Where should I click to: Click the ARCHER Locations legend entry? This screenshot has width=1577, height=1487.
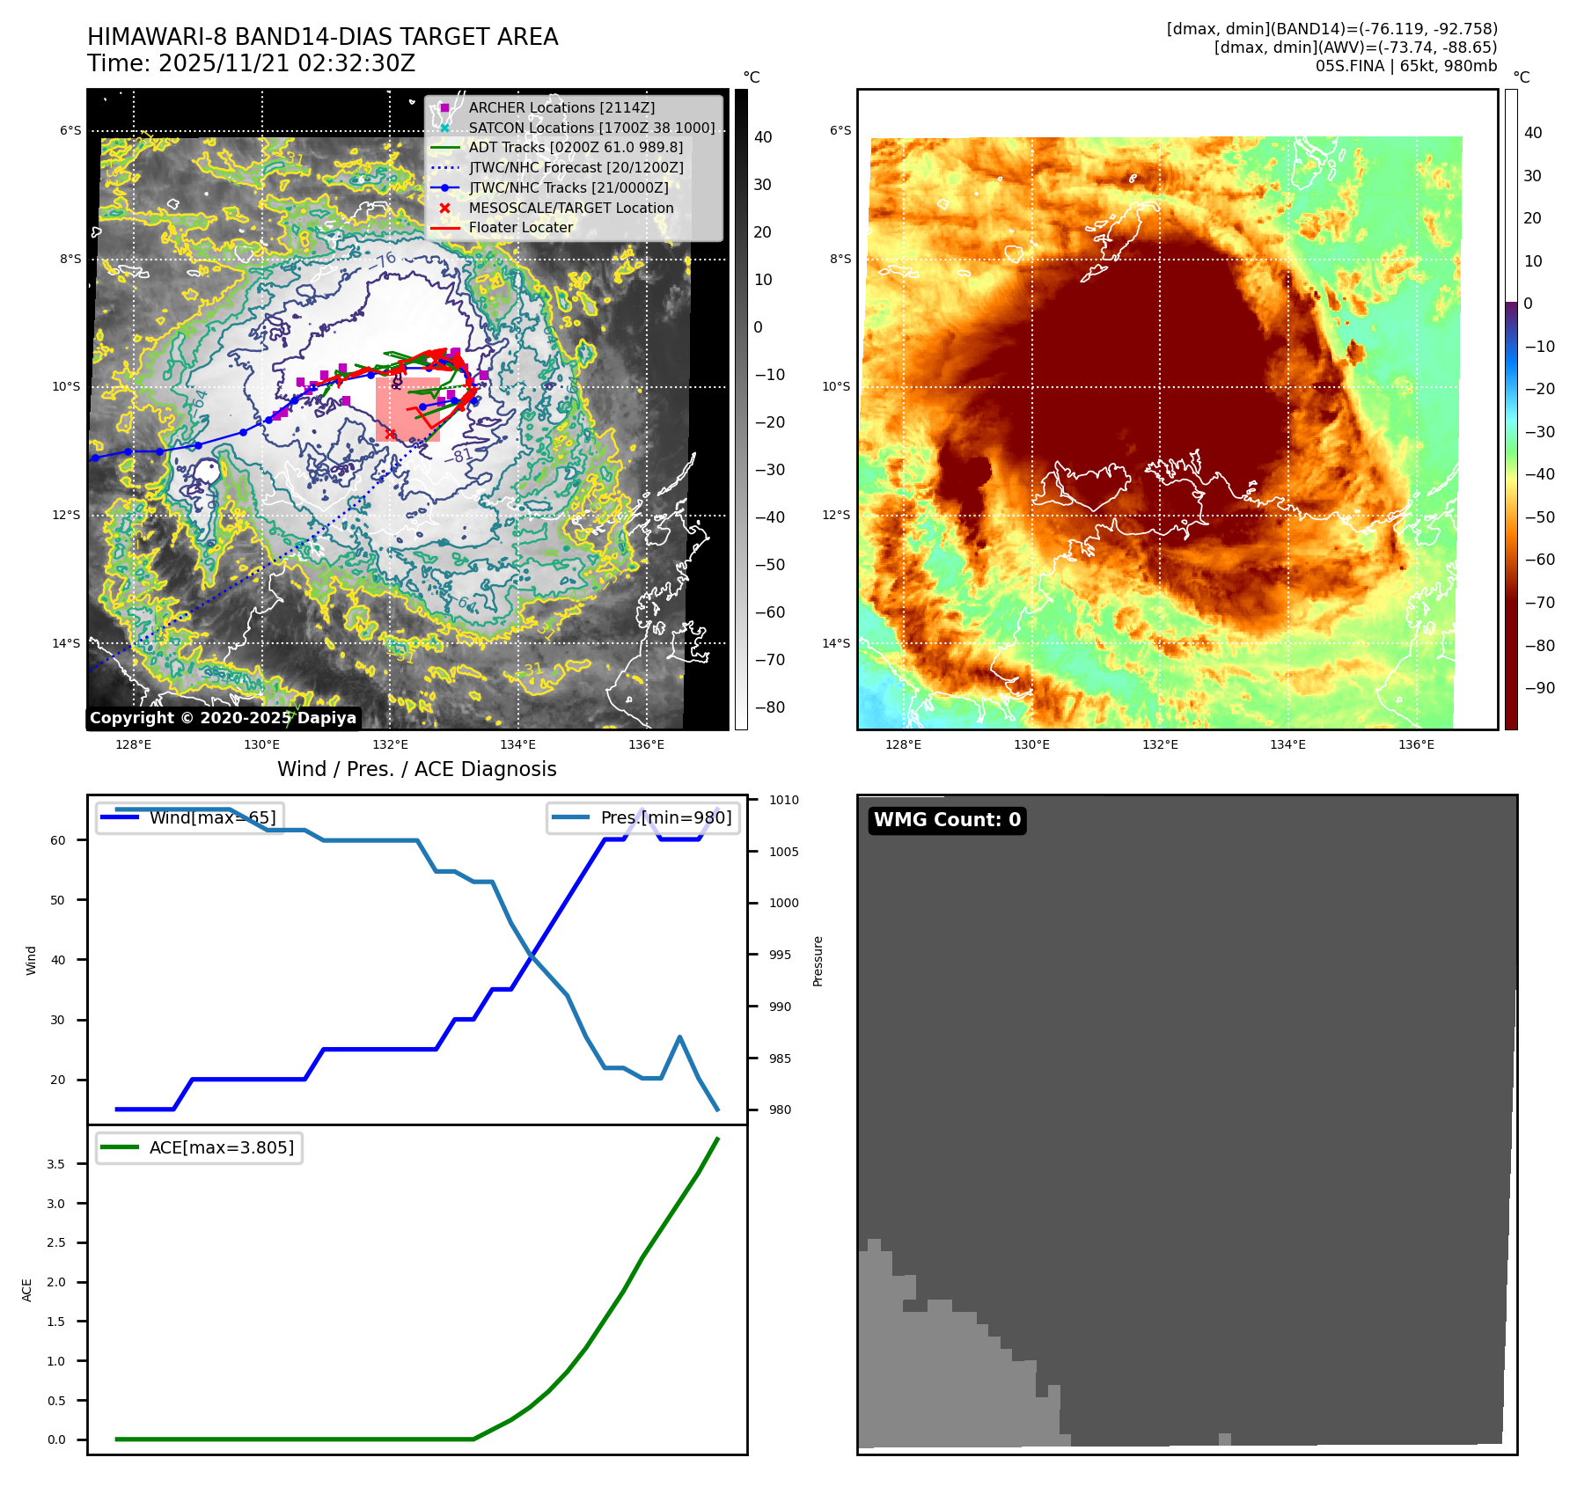[561, 107]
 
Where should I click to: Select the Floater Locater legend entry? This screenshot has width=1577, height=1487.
[520, 227]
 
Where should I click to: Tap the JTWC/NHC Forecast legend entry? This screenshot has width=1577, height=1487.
[576, 167]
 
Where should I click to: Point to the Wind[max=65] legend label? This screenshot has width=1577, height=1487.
[212, 817]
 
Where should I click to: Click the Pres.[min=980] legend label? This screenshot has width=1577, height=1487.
[665, 817]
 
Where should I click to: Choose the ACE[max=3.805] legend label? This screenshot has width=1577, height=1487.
[221, 1147]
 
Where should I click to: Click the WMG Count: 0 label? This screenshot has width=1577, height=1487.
[947, 820]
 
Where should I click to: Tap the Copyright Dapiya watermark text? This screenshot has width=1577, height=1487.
[223, 718]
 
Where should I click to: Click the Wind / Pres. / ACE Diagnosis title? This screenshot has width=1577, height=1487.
[416, 769]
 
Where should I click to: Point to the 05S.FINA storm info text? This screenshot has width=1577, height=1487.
[1405, 66]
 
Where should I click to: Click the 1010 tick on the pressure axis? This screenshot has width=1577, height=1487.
[783, 800]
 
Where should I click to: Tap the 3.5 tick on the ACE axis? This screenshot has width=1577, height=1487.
[55, 1164]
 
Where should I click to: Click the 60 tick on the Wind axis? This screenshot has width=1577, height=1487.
[58, 840]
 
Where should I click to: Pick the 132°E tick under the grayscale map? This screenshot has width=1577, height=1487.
[390, 744]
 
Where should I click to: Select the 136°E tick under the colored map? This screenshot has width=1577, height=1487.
[1416, 744]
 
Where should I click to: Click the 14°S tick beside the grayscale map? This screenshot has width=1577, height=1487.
[66, 643]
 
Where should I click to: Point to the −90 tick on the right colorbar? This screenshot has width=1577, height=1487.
[1539, 688]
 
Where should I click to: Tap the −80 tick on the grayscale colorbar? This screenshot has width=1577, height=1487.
[769, 707]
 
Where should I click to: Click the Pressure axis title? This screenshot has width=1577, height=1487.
[818, 961]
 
